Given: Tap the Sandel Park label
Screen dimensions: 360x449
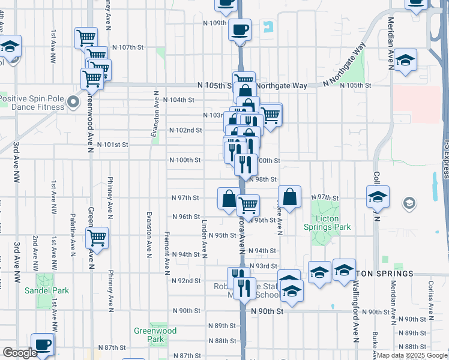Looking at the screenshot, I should tap(47, 290).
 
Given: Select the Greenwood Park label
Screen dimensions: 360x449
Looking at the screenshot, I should tap(155, 335).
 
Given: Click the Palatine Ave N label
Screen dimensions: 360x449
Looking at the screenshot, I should tap(73, 232).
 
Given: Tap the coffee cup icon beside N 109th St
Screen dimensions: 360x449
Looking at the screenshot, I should tap(240, 30).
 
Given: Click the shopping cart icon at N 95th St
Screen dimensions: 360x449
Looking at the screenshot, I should tap(97, 238).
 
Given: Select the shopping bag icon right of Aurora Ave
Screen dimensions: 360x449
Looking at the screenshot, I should tap(289, 196).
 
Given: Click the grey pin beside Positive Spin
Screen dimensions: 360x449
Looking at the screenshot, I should tap(74, 101).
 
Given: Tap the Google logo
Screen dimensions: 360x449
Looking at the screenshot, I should tap(20, 353).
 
